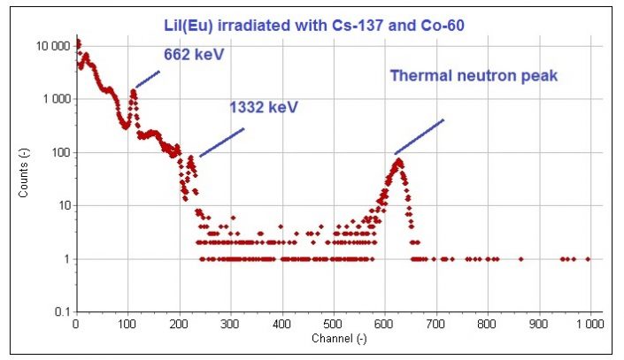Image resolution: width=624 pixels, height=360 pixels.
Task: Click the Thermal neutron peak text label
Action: (474, 76)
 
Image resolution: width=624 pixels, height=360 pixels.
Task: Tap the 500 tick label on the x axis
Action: (334, 326)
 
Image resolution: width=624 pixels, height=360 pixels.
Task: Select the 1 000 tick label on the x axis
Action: (589, 326)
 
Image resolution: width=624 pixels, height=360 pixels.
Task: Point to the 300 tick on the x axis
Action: (231, 326)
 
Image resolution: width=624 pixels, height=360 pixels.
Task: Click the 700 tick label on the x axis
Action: (436, 326)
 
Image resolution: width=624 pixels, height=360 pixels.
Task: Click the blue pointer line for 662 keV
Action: (147, 79)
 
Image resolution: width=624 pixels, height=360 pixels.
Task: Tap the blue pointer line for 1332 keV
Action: (221, 142)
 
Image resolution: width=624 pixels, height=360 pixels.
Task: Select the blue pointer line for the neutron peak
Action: (420, 136)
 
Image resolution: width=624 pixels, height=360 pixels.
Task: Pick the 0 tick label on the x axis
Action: (77, 326)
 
